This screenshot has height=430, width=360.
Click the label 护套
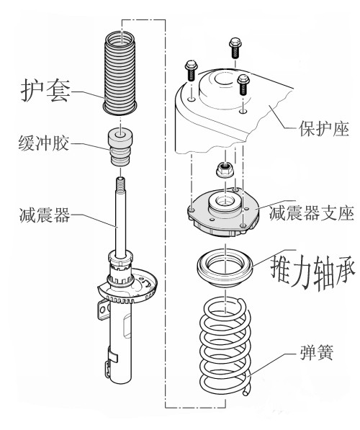[x=45, y=91]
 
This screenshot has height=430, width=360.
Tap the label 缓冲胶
[x=44, y=143]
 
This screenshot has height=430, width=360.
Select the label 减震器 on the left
[x=45, y=215]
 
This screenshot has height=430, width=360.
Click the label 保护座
[x=324, y=129]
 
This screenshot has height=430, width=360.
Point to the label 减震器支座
[x=312, y=213]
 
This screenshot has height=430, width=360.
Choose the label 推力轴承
[x=313, y=272]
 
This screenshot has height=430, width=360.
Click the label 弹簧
[x=317, y=351]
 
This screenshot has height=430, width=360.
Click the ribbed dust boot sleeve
[x=120, y=73]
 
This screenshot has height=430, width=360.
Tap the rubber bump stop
[x=120, y=147]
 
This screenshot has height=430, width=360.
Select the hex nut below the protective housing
[x=225, y=169]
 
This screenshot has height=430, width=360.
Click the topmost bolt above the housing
[x=235, y=48]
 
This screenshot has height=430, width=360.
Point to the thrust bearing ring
[x=225, y=267]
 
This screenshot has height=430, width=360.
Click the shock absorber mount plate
[x=223, y=212]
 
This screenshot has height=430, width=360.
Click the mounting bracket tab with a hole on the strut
[x=102, y=310]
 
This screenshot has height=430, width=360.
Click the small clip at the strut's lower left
[x=108, y=369]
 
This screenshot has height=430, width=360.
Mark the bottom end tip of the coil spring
[x=246, y=393]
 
